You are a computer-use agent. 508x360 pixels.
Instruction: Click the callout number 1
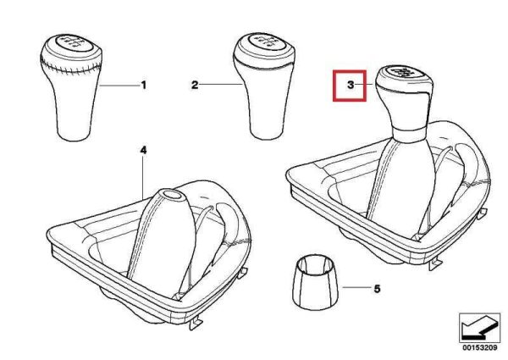[144, 86]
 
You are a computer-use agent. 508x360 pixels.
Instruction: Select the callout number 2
[195, 86]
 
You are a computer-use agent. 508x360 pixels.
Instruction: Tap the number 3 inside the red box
[351, 86]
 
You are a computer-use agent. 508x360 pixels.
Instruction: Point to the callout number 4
[143, 150]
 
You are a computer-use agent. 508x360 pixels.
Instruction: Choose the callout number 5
[377, 289]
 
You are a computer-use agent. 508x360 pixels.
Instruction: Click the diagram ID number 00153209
[479, 348]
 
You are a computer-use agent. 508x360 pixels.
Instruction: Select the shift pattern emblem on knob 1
[75, 43]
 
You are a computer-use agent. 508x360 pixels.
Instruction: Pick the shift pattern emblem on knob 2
[267, 42]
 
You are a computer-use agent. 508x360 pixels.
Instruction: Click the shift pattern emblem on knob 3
[403, 72]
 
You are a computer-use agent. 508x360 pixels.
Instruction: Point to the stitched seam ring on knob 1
[72, 66]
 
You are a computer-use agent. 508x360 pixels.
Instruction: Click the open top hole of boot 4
[174, 195]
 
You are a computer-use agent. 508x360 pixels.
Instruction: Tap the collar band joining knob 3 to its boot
[409, 134]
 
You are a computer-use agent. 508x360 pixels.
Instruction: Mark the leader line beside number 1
[119, 86]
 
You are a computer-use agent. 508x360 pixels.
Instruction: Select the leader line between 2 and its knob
[221, 85]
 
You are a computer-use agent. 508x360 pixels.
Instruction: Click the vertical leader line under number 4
[143, 178]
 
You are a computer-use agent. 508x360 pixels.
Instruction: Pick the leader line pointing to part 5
[356, 287]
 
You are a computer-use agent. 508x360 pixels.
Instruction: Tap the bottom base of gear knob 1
[74, 135]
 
